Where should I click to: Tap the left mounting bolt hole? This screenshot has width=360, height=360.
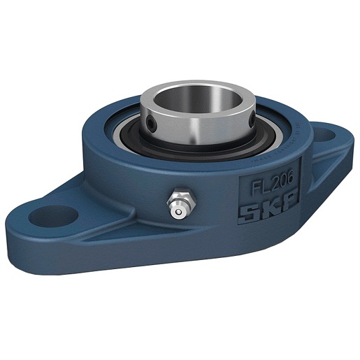click(53, 216)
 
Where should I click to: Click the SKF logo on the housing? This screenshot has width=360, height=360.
click(268, 207)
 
